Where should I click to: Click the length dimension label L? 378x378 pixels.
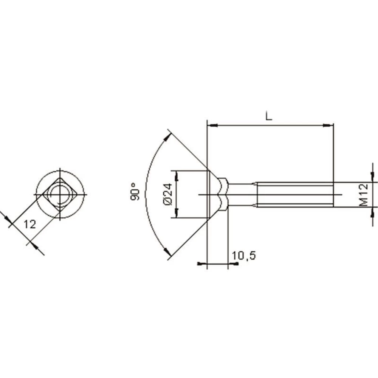pos(268,116)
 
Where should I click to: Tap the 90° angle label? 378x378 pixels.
pos(135,191)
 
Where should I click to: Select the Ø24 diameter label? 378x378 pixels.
pos(168,194)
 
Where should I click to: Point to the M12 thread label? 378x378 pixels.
pos(364,195)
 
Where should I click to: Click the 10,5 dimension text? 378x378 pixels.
pos(243,256)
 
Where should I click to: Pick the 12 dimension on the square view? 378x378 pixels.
pos(30,225)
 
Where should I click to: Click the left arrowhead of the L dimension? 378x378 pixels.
pos(212,125)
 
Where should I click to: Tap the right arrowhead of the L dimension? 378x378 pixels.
pos(328,125)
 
